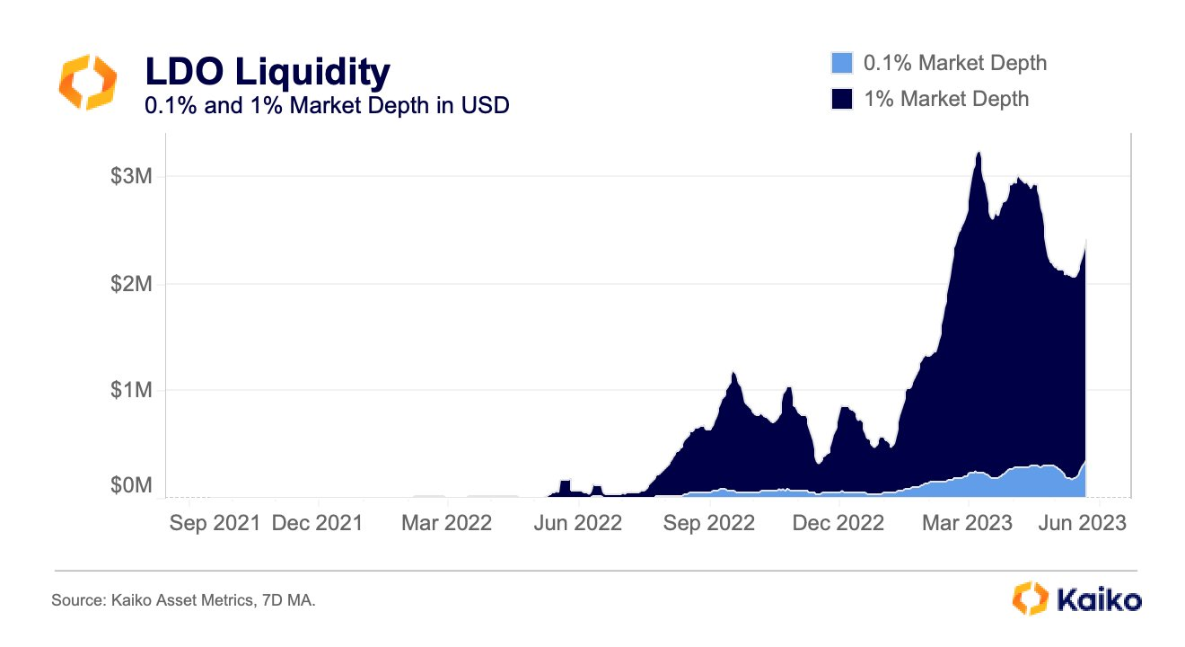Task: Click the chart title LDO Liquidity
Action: pyautogui.click(x=268, y=71)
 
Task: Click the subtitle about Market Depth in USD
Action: pyautogui.click(x=328, y=106)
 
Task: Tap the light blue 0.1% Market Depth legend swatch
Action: pyautogui.click(x=841, y=63)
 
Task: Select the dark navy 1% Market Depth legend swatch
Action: pyautogui.click(x=841, y=98)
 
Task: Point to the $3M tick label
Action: pyautogui.click(x=131, y=176)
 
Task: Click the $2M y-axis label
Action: pyautogui.click(x=131, y=283)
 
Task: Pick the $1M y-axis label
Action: pyautogui.click(x=131, y=390)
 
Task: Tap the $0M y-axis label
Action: pyautogui.click(x=131, y=486)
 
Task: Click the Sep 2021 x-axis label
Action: pyautogui.click(x=215, y=523)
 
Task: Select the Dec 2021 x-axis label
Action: pyautogui.click(x=317, y=523)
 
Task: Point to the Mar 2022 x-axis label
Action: pyautogui.click(x=446, y=523)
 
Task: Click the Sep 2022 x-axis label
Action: pyautogui.click(x=709, y=523)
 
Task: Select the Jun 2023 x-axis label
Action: pyautogui.click(x=1081, y=523)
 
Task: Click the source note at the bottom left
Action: pyautogui.click(x=183, y=599)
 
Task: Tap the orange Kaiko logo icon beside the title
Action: pyautogui.click(x=87, y=82)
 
